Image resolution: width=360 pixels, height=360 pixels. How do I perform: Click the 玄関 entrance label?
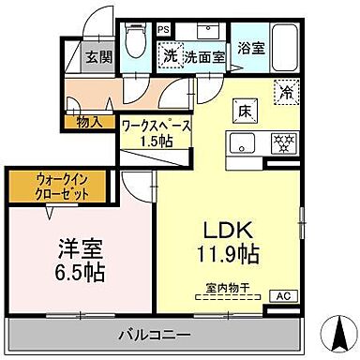click(x=98, y=56)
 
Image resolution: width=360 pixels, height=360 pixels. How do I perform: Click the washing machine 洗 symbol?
click(x=170, y=55)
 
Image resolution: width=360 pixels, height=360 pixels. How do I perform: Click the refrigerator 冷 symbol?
click(x=283, y=92)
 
